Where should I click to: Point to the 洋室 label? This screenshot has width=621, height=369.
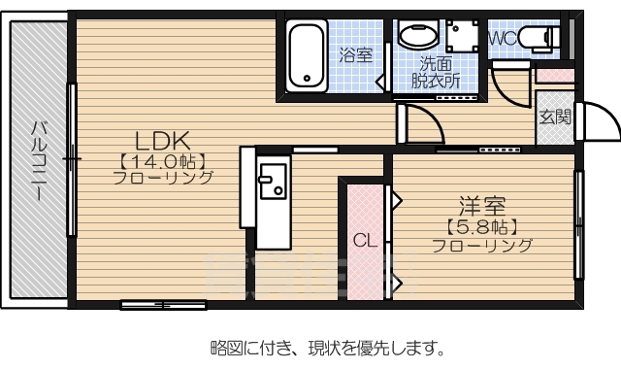483,207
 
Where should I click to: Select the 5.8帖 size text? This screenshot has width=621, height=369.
482,227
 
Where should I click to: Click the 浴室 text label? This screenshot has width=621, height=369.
355,55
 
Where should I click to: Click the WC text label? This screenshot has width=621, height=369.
504,38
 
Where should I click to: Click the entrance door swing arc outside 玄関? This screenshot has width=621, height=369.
599,121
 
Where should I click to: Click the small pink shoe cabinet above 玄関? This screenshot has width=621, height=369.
554,75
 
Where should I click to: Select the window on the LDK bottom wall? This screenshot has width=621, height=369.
163,305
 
